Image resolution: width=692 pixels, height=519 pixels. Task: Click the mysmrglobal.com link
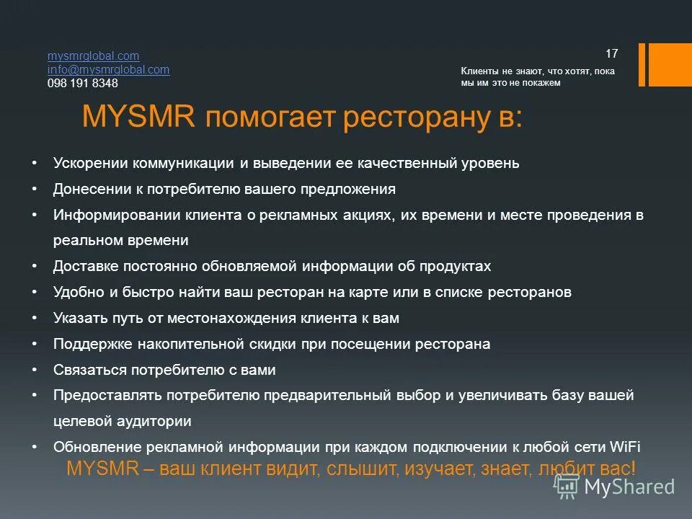(93, 56)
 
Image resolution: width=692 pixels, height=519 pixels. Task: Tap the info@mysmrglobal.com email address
(108, 69)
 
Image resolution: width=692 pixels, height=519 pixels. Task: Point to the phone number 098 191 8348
(82, 83)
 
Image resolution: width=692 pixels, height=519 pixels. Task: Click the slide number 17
(612, 53)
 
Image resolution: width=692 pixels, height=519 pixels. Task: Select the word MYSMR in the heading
(138, 117)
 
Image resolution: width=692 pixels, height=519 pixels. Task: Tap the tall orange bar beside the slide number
(669, 65)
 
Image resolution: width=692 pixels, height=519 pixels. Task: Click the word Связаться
(89, 370)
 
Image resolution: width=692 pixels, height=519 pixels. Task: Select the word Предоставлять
(107, 396)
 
